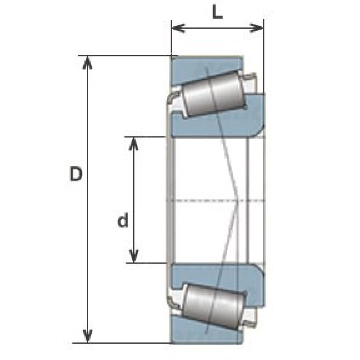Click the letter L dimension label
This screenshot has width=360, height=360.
(x=217, y=12)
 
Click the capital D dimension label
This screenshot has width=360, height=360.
(x=76, y=174)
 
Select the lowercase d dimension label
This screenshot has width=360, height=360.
(x=123, y=220)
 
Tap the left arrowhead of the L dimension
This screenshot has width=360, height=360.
(x=179, y=28)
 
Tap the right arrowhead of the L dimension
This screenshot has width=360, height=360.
(x=256, y=28)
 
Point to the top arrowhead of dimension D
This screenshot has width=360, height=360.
(x=87, y=62)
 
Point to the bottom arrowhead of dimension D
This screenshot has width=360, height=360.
(x=87, y=336)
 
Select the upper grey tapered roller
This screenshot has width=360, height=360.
(x=214, y=94)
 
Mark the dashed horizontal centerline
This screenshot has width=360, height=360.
(x=215, y=201)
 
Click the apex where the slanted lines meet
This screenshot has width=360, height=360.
(x=238, y=201)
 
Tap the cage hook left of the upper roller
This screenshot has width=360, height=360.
(x=174, y=97)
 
